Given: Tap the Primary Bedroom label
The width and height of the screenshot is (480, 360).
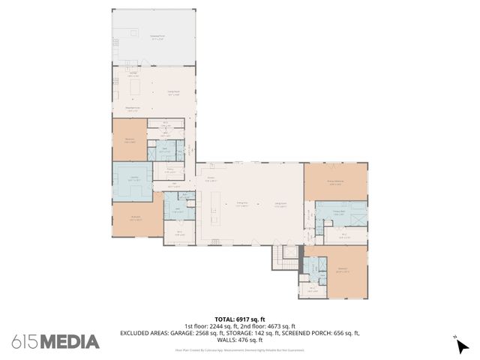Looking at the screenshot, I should (334, 182).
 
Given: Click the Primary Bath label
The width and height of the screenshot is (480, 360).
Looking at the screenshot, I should (337, 212).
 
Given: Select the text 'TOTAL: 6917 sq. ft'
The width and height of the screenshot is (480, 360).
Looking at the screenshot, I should (240, 319).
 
